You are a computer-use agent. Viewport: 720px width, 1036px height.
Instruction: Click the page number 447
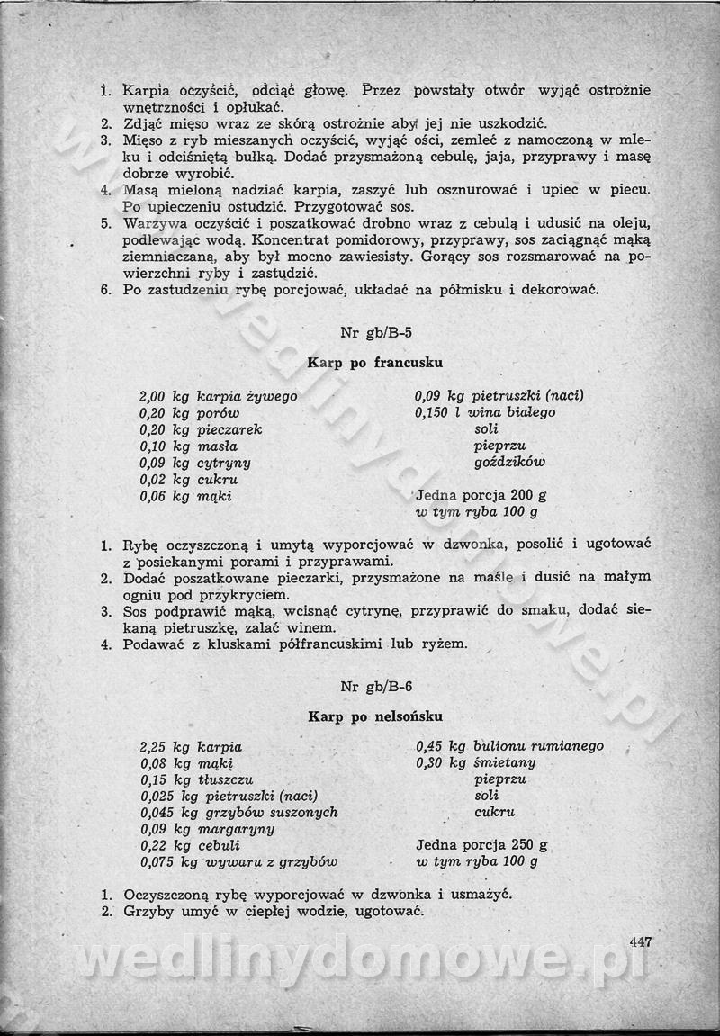[x=640, y=942]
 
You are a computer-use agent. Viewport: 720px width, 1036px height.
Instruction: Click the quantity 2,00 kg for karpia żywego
[x=165, y=396]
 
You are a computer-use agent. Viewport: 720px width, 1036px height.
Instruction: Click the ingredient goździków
[x=509, y=463]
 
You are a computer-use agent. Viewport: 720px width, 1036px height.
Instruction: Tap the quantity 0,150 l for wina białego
[x=438, y=412]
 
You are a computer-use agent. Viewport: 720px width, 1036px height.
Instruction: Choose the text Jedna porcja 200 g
[x=481, y=495]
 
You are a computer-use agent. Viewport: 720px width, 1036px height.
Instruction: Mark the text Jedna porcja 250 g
[x=481, y=845]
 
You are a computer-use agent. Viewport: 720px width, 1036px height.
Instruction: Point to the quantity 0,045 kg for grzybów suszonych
[x=169, y=812]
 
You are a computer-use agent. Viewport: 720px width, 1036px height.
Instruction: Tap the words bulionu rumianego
[x=538, y=746]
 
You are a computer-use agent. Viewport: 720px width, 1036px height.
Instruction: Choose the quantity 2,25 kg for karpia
[x=165, y=746]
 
